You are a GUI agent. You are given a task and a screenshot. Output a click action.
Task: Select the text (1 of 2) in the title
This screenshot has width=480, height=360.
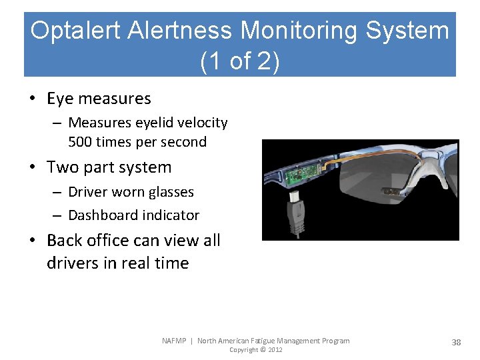239,61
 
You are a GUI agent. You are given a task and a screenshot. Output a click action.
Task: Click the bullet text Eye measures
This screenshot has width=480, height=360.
99,99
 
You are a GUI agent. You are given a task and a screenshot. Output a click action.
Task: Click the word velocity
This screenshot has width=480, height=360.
202,123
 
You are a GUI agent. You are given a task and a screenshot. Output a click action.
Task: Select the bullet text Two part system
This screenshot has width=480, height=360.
109,167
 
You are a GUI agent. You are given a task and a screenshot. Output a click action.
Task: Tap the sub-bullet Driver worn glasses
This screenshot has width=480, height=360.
131,192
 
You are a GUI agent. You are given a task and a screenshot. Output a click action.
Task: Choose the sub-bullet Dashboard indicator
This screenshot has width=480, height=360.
133,215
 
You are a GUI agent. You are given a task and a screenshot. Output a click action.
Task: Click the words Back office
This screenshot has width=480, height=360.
89,240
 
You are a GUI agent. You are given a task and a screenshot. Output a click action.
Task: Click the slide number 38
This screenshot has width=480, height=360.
456,342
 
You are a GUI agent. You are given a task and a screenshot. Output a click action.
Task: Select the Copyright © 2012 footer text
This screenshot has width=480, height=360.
256,350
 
